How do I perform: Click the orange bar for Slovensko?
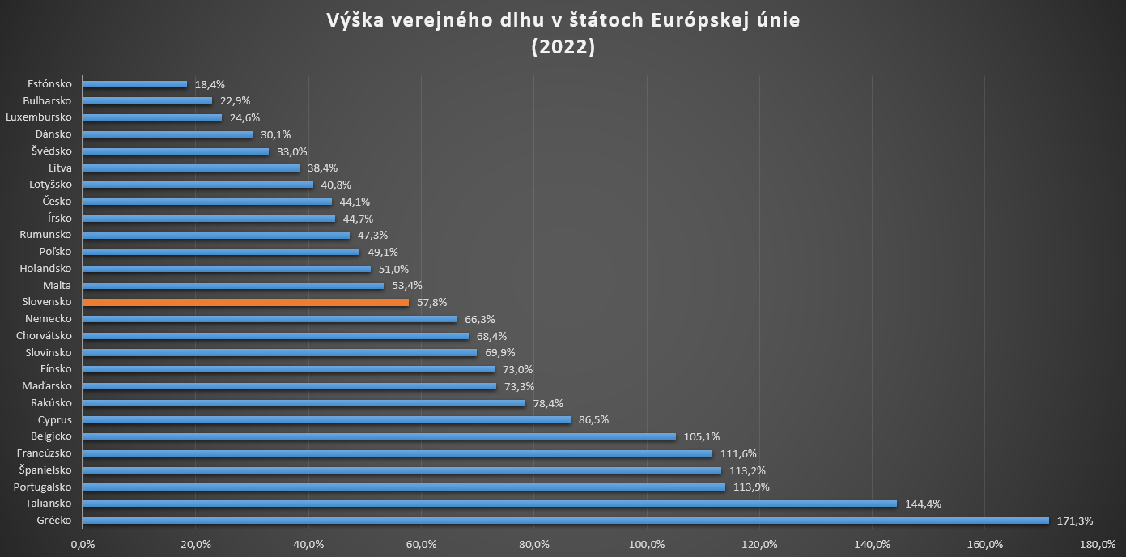coord(245,302)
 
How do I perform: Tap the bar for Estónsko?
coord(134,84)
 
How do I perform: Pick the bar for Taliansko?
coord(489,504)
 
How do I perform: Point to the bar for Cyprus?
coord(326,419)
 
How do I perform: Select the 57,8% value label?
coord(431,302)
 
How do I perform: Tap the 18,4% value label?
coord(210,84)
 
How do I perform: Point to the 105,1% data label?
coord(702,436)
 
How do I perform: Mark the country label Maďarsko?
coord(47,386)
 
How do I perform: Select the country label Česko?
coord(57,202)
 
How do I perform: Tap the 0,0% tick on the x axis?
coord(83,544)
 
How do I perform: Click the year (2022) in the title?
coord(563,48)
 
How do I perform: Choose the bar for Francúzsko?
coord(397,453)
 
